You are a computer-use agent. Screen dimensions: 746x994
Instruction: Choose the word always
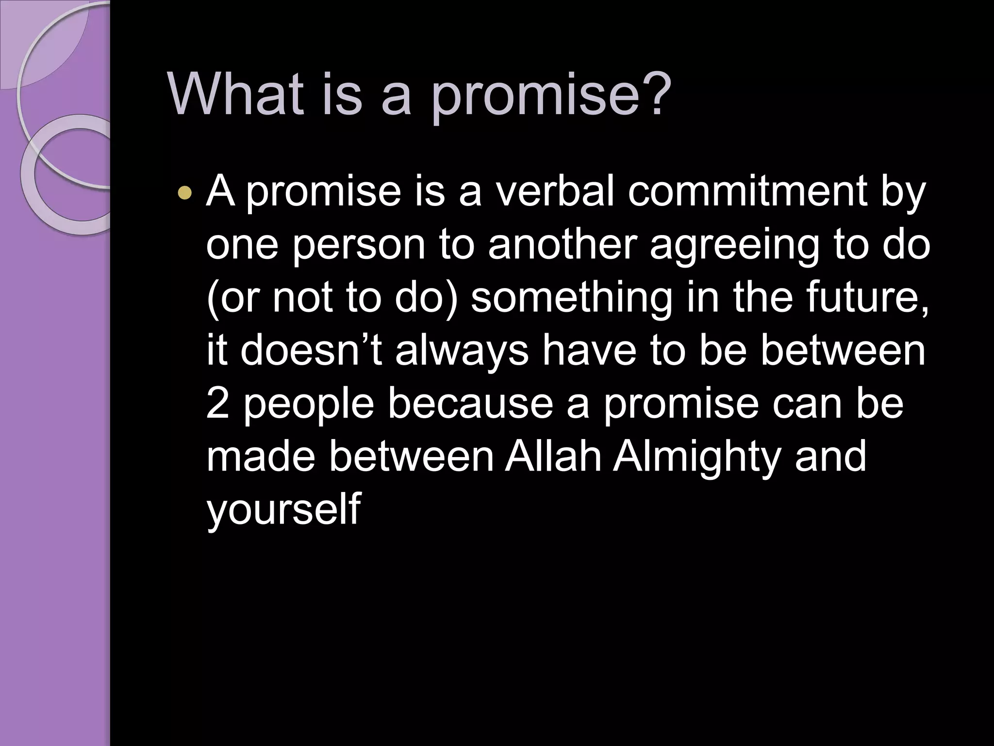462,352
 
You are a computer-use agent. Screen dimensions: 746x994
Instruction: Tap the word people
308,406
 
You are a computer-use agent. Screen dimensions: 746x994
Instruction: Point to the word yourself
283,510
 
